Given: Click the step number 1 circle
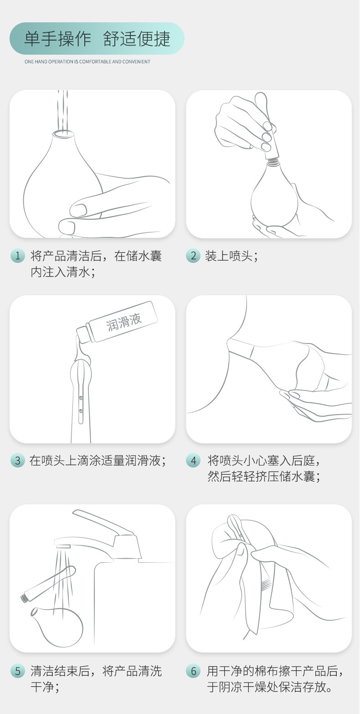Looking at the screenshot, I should click(17, 256).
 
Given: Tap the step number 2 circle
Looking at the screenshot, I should click(193, 256).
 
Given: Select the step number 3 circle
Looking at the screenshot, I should click(17, 461).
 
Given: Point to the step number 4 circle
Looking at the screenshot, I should click(193, 461).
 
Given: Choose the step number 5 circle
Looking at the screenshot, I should click(17, 671).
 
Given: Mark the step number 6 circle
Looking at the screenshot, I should click(193, 671).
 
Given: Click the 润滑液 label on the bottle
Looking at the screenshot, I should click(124, 322).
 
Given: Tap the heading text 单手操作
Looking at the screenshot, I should click(57, 39).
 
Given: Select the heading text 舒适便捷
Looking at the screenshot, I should click(137, 39).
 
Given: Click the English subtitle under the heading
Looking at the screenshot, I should click(87, 62).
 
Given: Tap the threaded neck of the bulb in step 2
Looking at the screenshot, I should click(273, 159).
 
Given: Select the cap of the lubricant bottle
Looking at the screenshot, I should click(82, 335).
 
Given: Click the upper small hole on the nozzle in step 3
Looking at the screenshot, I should click(81, 398).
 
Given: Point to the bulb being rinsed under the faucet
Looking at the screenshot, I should click(58, 626).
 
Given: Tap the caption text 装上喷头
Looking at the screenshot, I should click(231, 256).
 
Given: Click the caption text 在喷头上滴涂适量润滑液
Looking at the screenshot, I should click(97, 461).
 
